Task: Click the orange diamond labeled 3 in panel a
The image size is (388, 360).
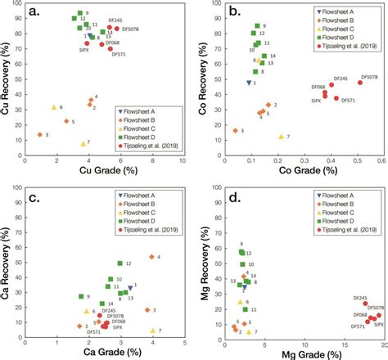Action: click(x=39, y=134)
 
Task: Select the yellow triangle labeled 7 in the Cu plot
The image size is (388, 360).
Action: click(x=83, y=143)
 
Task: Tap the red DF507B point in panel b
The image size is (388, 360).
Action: click(x=359, y=83)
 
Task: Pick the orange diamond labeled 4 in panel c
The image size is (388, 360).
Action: click(x=151, y=257)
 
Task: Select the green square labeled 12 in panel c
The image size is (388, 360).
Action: click(x=120, y=263)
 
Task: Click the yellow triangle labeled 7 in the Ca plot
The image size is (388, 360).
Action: click(x=151, y=331)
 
